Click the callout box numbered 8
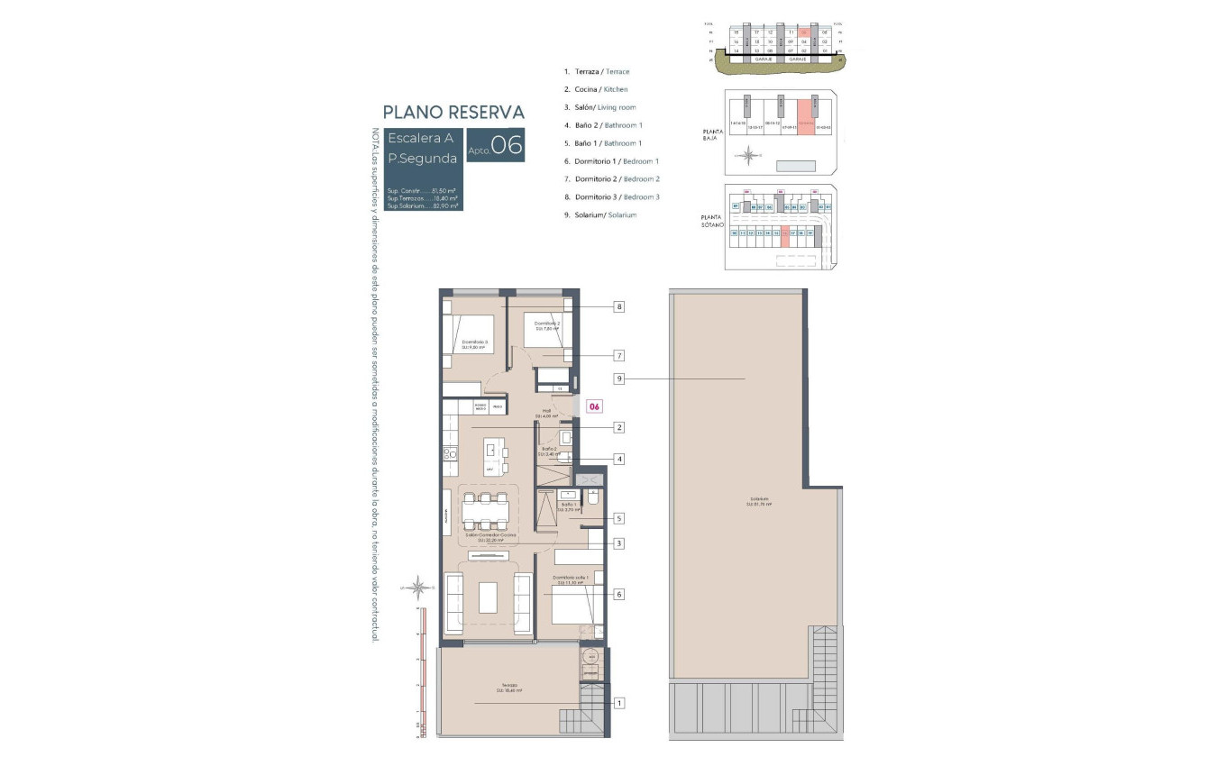click(x=619, y=306)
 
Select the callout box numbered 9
click(x=619, y=379)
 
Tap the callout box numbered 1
click(x=619, y=703)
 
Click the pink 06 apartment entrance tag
click(x=594, y=406)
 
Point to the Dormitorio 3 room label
click(x=474, y=343)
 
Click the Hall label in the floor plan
click(x=545, y=413)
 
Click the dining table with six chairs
click(x=485, y=511)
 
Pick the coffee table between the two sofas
click(x=488, y=597)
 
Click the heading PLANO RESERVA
click(x=453, y=113)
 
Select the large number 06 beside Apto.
click(x=507, y=146)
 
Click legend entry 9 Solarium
click(x=599, y=214)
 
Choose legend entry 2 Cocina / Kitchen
click(x=596, y=89)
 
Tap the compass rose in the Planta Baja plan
click(x=747, y=157)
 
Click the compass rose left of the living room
click(x=418, y=588)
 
